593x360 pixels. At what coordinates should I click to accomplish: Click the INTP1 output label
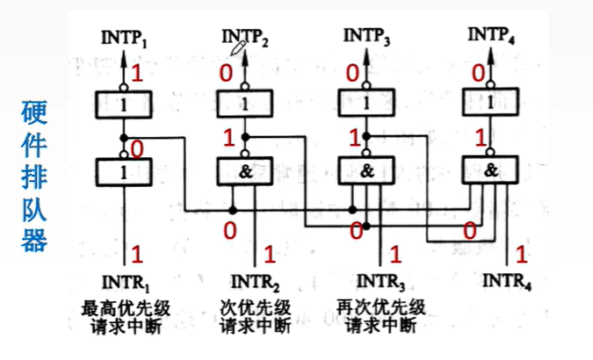pyautogui.click(x=124, y=38)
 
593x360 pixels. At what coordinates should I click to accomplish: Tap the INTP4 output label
pyautogui.click(x=491, y=35)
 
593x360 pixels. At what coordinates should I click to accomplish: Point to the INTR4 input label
pyautogui.click(x=507, y=281)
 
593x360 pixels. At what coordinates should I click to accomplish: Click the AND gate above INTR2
pyautogui.click(x=245, y=171)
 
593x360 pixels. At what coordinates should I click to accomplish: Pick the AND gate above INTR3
pyautogui.click(x=366, y=170)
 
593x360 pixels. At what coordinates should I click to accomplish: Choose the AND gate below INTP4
pyautogui.click(x=490, y=169)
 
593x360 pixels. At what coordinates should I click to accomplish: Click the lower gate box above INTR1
pyautogui.click(x=124, y=172)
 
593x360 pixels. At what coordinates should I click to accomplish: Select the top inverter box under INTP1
pyautogui.click(x=124, y=104)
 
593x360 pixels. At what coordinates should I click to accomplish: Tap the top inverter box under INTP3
pyautogui.click(x=366, y=103)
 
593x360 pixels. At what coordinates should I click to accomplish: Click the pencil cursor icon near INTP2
pyautogui.click(x=238, y=48)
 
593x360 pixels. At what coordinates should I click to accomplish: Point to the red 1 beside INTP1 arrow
pyautogui.click(x=137, y=73)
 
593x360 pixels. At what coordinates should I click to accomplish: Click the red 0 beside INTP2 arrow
pyautogui.click(x=226, y=73)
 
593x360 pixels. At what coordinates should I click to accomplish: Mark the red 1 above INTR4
pyautogui.click(x=521, y=254)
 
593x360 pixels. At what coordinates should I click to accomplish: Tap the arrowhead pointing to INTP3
pyautogui.click(x=366, y=55)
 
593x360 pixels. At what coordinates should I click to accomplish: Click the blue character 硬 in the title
pyautogui.click(x=34, y=112)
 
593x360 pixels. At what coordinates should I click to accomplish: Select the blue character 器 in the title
pyautogui.click(x=34, y=240)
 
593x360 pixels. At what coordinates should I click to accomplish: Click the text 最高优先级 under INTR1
pyautogui.click(x=126, y=308)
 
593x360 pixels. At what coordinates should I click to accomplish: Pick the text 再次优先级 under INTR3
pyautogui.click(x=381, y=307)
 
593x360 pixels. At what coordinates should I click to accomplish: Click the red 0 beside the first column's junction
pyautogui.click(x=136, y=149)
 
